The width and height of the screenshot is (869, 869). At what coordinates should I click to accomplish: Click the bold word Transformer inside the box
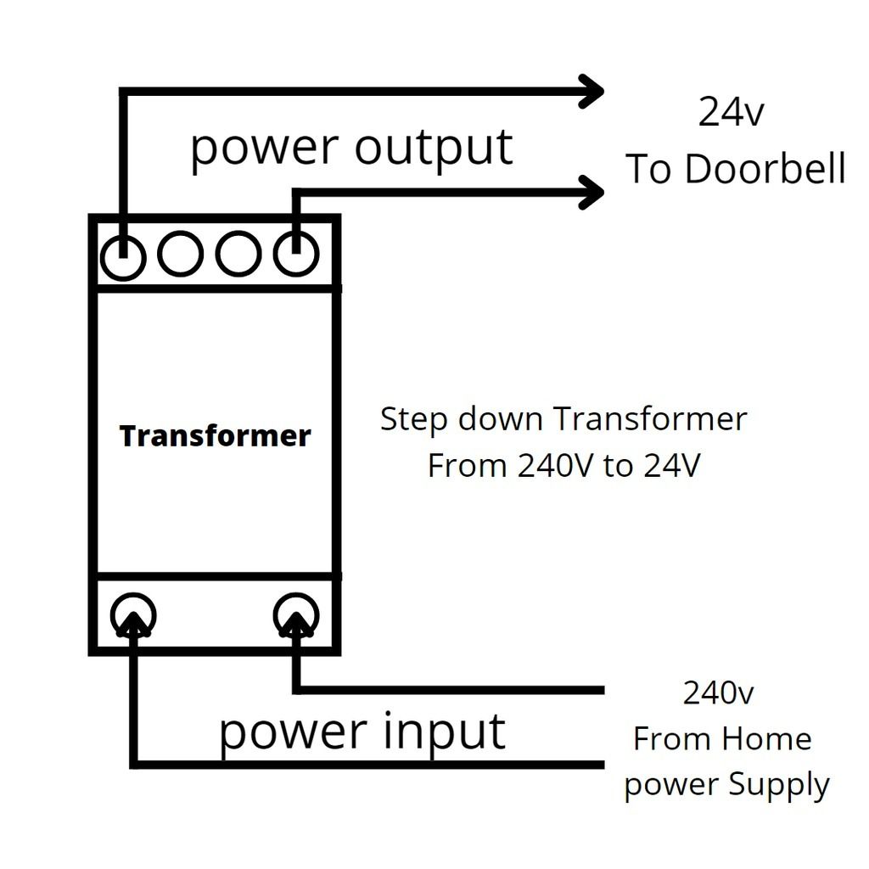coord(215,435)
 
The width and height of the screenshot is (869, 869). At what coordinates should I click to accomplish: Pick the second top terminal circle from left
coord(180,255)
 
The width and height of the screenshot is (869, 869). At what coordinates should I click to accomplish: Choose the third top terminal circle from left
coord(238,255)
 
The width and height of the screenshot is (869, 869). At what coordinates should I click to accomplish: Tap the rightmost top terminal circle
coord(295,255)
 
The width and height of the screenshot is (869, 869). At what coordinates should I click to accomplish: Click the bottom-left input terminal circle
coord(133,615)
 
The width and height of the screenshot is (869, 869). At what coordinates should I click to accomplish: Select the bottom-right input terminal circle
coord(296,615)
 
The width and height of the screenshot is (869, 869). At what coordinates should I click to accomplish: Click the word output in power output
coord(433,147)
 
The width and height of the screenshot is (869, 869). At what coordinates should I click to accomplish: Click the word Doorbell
coord(765,169)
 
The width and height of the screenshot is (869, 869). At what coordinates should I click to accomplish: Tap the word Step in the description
coord(413,419)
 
